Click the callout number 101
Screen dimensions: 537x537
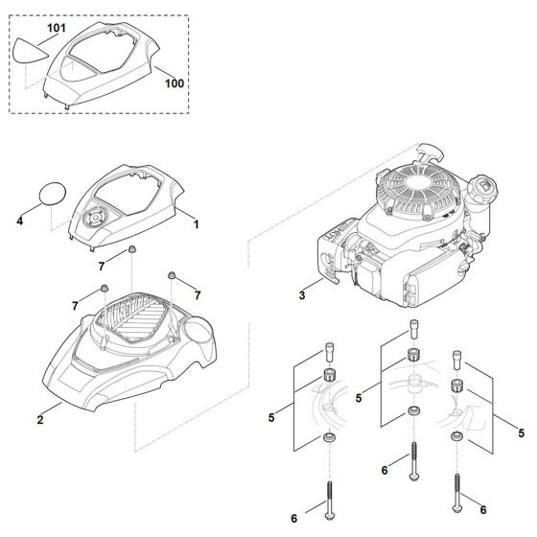57,29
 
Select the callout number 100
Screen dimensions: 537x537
174,84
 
